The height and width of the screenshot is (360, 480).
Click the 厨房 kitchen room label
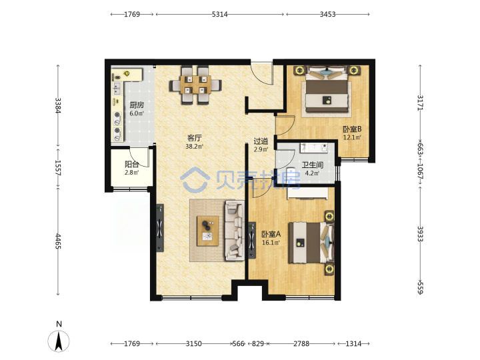[137, 105]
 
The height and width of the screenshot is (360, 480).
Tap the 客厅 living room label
[195, 138]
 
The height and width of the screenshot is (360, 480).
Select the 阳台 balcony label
[132, 165]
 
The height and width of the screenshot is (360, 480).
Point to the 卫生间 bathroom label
[312, 165]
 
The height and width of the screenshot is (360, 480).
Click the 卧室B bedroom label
[352, 129]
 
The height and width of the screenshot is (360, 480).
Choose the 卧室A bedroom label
[271, 235]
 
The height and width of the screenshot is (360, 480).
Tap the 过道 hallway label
[261, 141]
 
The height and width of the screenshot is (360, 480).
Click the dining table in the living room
[196, 85]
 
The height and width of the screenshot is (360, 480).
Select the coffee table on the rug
[208, 231]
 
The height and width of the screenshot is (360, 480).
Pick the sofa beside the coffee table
[235, 231]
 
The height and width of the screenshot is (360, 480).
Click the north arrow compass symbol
[59, 341]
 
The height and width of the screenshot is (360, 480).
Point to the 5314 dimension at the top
[220, 14]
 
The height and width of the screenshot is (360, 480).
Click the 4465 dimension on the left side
[58, 241]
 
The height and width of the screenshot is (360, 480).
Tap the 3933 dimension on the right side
[420, 234]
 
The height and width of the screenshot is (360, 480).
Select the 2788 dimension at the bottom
[301, 344]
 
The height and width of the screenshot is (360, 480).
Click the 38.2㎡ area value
[194, 146]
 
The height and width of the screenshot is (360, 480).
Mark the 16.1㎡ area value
[271, 243]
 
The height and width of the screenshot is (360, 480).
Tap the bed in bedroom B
[327, 91]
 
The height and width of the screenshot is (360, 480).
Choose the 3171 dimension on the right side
[420, 103]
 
